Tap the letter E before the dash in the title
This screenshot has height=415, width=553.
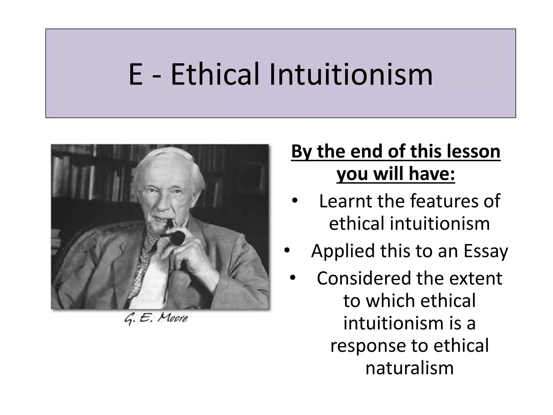pos(136,75)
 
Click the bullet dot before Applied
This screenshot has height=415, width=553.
pos(287,251)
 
